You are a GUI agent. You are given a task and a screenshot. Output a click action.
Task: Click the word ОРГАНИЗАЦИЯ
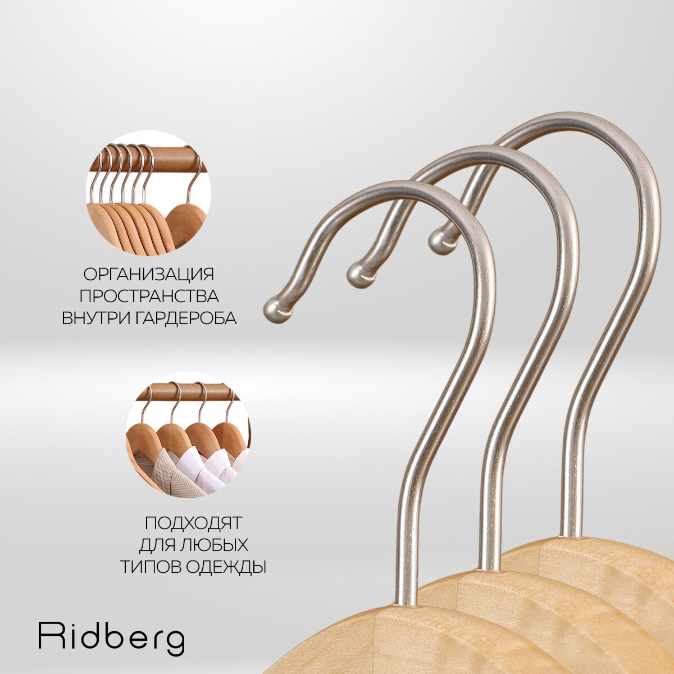click(149, 275)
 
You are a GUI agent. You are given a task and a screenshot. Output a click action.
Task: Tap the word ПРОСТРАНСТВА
click(149, 296)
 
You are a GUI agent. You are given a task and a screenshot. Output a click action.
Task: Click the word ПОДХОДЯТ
click(193, 523)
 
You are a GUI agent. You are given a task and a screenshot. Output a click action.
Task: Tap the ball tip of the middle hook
click(357, 274)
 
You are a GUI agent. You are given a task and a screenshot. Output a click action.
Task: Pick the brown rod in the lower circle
click(185, 391)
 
